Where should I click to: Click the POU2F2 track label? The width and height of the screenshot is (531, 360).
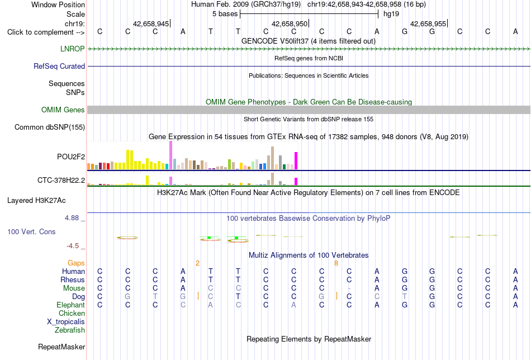[71, 157]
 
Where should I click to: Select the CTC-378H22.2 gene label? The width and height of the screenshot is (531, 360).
[61, 180]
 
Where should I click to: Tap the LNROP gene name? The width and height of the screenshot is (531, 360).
[73, 49]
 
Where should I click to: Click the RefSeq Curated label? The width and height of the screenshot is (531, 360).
[59, 66]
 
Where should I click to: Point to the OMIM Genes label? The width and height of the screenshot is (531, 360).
[63, 110]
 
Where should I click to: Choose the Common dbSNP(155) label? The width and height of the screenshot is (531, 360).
[50, 127]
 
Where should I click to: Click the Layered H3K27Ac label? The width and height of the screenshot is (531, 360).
[36, 201]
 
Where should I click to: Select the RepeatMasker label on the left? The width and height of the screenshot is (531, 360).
[61, 347]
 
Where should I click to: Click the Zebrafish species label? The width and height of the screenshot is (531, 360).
[70, 330]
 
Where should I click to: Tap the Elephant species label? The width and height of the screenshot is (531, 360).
[70, 305]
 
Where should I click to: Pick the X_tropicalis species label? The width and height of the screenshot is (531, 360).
[66, 322]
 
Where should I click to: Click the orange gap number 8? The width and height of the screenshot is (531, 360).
[336, 263]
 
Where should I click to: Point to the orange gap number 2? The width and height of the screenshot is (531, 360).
[197, 263]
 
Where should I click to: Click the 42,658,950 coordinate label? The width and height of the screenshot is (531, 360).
[290, 23]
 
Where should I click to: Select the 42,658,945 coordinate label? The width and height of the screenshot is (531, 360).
[151, 23]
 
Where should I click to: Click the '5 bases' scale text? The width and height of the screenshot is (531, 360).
[225, 14]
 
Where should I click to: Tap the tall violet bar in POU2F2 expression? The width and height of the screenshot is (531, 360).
[170, 155]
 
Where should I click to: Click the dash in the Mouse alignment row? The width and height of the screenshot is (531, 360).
[349, 288]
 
